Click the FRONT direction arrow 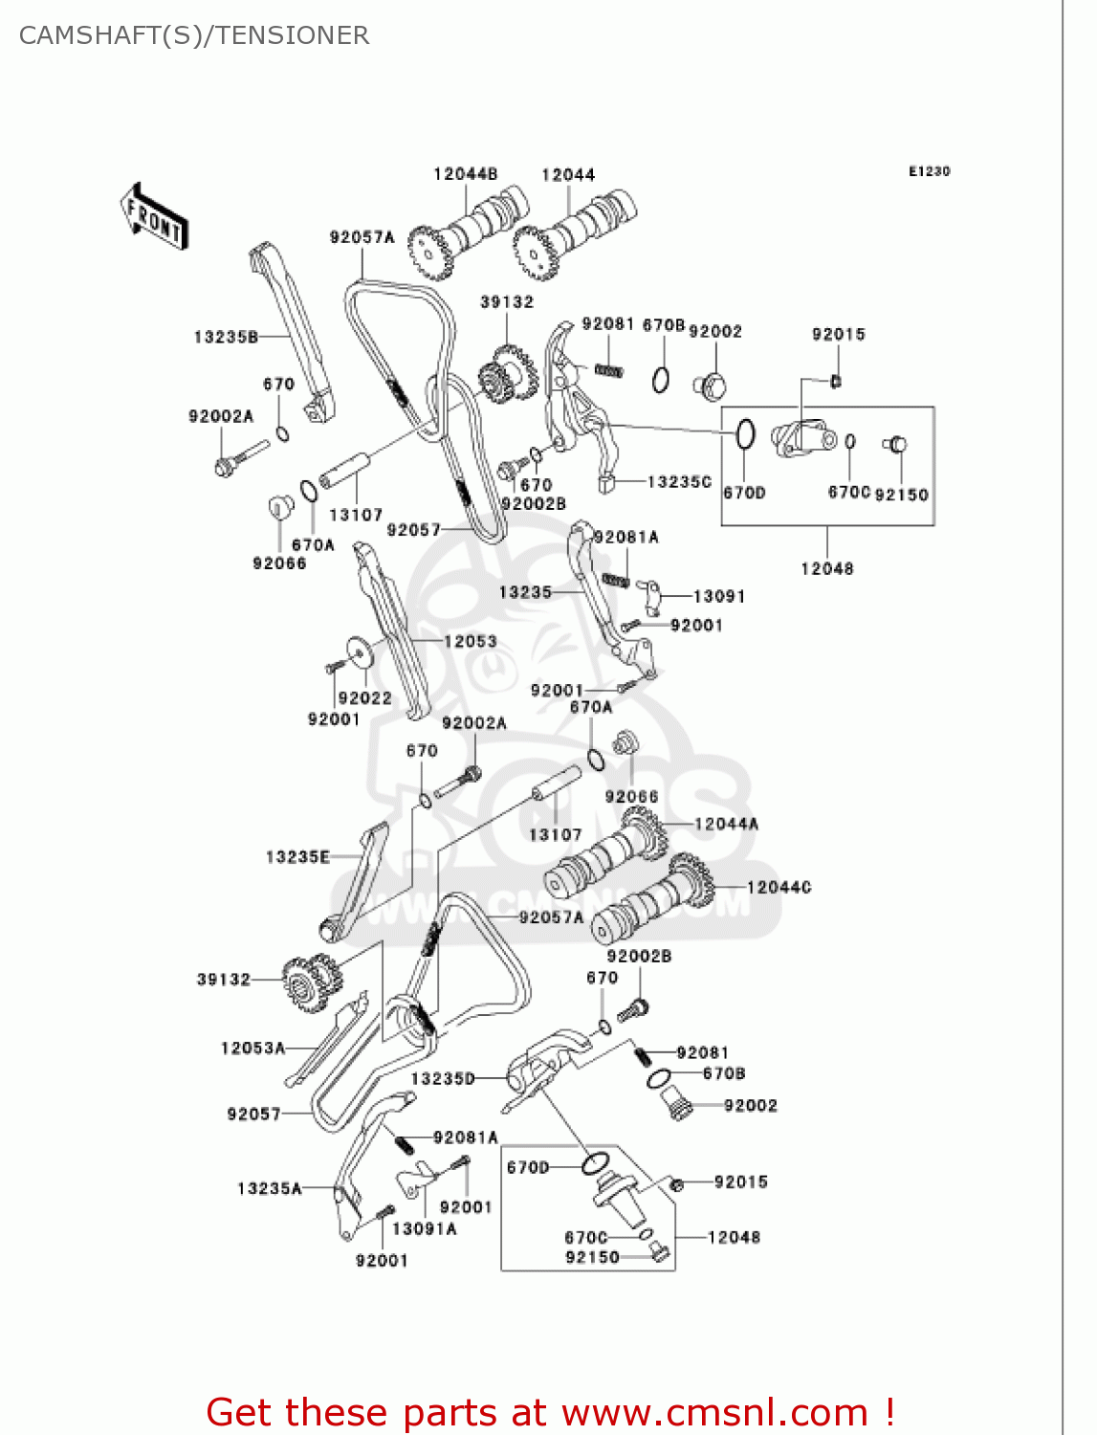click(x=153, y=216)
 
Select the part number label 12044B click(x=465, y=174)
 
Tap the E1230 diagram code click(x=929, y=171)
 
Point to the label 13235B click(x=226, y=337)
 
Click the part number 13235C click(x=679, y=482)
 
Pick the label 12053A click(x=252, y=1049)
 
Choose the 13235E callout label click(x=297, y=857)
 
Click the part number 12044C click(x=779, y=888)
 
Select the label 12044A click(x=726, y=824)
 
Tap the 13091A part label click(x=425, y=1229)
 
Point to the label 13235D click(x=443, y=1079)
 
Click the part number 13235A click(x=270, y=1189)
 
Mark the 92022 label click(x=364, y=698)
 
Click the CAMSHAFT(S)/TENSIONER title click(x=194, y=35)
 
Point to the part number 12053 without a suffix click(x=470, y=641)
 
